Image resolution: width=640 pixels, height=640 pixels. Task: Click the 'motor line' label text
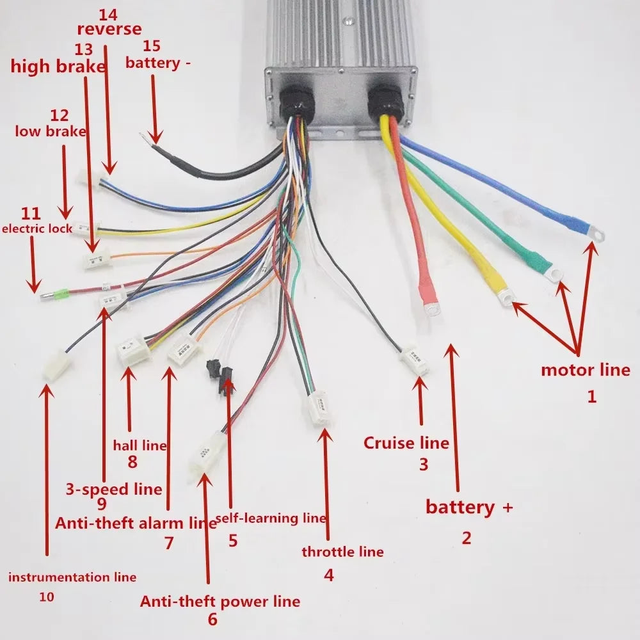pos(585,370)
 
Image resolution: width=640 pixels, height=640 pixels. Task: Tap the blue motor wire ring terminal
pos(593,234)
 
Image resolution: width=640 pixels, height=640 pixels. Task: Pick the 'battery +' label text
pos(469,508)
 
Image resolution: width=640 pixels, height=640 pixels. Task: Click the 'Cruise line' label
pos(406,443)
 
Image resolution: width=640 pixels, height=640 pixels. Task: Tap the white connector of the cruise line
pos(415,362)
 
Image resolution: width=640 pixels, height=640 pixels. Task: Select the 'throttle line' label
pos(342,552)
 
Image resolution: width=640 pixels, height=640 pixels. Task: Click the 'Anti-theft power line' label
pos(220,602)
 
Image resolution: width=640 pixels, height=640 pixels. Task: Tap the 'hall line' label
pos(140,445)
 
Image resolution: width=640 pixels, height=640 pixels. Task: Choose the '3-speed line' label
pos(114,490)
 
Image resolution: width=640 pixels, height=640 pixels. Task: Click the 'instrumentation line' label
pos(72,577)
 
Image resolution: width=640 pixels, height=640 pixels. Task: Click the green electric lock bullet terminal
pos(60,296)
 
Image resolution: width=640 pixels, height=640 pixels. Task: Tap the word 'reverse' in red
pos(109,29)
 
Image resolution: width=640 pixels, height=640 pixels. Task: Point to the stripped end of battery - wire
pos(152,136)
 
